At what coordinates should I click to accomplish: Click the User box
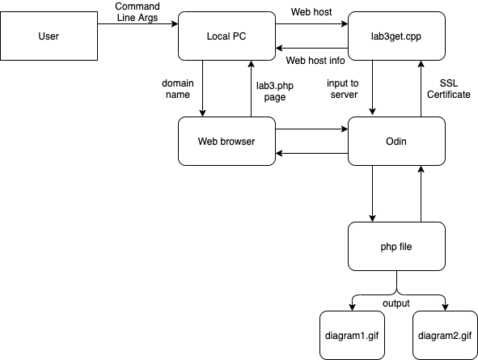[49, 36]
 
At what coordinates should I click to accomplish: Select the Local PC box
[226, 36]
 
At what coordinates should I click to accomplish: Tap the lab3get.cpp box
[396, 36]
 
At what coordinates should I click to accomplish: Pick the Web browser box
[226, 141]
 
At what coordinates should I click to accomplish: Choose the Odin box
[396, 141]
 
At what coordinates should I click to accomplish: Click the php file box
[396, 246]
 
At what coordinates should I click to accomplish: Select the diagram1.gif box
[352, 335]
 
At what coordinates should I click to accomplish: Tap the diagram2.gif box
[445, 335]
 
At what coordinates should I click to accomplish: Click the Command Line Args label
[137, 12]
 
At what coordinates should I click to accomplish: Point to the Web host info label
[315, 61]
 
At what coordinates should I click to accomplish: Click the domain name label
[178, 89]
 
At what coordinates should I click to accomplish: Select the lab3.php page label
[275, 91]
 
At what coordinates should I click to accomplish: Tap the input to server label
[343, 89]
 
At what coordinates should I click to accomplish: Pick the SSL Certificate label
[448, 89]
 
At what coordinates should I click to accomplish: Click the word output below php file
[396, 303]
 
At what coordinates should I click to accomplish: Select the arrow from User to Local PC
[137, 23]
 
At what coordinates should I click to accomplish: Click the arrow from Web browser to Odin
[311, 129]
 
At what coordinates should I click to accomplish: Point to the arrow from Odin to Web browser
[311, 154]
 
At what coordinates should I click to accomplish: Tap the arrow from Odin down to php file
[372, 193]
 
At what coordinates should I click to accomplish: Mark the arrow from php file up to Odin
[421, 193]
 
